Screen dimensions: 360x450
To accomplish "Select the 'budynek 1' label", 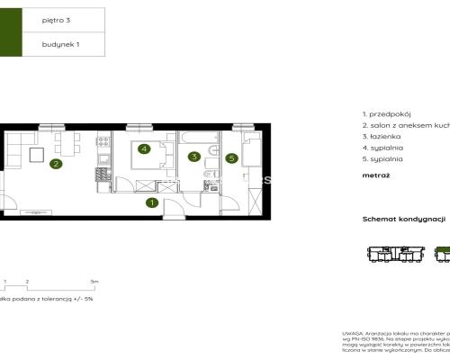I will click(x=58, y=43).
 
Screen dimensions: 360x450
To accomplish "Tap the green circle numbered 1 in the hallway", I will click(x=152, y=203).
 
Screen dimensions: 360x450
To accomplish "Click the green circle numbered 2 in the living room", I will click(x=56, y=164).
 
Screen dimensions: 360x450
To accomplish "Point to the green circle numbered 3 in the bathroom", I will click(x=193, y=156).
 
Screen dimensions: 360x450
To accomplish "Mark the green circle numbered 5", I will click(x=231, y=158).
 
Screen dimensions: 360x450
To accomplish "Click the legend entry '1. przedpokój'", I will click(x=386, y=116).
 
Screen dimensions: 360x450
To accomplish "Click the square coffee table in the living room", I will click(x=36, y=155).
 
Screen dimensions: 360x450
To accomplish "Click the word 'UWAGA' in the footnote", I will click(x=352, y=332).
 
